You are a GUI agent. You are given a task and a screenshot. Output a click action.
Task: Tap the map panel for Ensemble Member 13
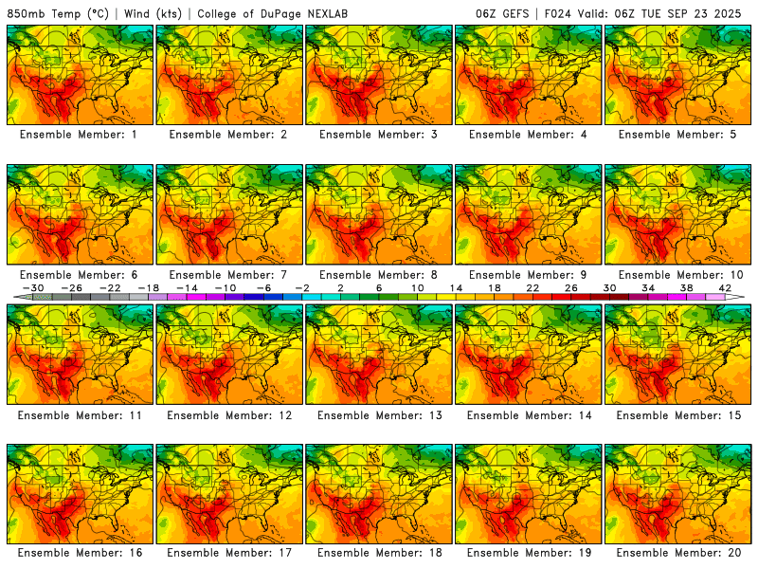379,354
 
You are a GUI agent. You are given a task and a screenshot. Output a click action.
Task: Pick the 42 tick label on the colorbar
724,287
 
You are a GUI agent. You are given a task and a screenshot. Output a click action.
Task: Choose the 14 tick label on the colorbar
455,287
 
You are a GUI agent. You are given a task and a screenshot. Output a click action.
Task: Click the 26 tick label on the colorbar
570,287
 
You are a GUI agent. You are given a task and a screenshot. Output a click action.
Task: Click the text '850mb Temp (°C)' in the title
59,13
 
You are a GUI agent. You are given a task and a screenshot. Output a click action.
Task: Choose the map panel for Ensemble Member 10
678,214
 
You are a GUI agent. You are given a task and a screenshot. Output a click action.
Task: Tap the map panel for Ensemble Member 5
678,74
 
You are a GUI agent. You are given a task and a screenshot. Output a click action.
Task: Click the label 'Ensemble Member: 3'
379,135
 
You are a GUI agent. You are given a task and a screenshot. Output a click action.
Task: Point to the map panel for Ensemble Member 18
379,494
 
